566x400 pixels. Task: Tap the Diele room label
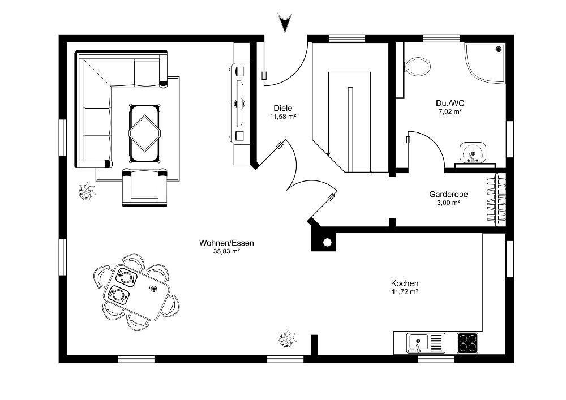point(282,108)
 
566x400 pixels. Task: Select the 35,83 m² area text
point(227,252)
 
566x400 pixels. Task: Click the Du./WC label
point(450,104)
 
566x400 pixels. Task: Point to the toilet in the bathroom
point(418,67)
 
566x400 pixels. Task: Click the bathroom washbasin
point(473,152)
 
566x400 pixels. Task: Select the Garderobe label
point(448,195)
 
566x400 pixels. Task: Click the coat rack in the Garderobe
point(496,200)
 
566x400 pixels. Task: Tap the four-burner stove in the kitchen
point(468,343)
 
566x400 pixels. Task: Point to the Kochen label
point(405,283)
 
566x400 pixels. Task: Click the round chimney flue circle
point(327,242)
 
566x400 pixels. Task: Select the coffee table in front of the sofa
point(144,133)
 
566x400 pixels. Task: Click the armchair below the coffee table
point(145,187)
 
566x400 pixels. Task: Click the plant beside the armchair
point(87,191)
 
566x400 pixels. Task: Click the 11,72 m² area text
point(405,292)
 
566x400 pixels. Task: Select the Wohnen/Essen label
point(227,243)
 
